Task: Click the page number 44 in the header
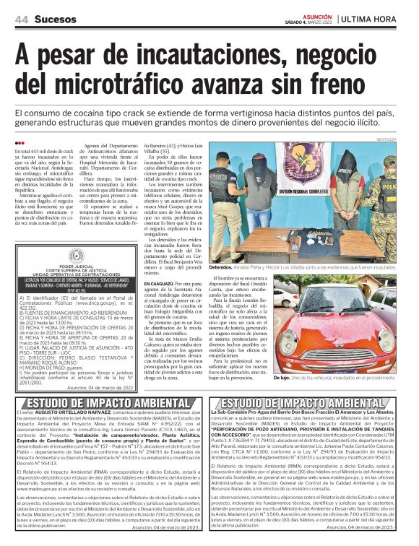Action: (22, 19)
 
